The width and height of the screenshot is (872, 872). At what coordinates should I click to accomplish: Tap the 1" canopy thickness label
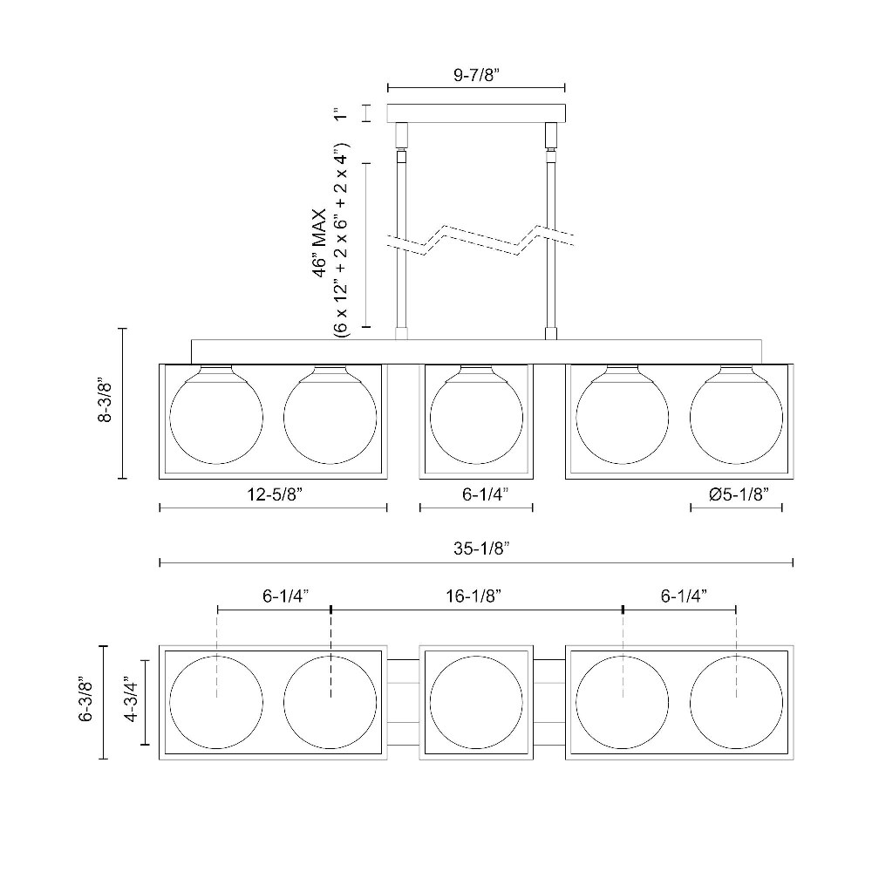[340, 113]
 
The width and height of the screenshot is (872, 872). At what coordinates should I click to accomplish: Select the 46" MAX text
[319, 243]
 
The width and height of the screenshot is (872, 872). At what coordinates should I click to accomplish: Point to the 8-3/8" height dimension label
[105, 402]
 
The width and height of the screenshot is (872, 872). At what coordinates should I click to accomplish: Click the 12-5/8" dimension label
[274, 494]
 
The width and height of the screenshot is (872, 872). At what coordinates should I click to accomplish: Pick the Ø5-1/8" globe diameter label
[739, 494]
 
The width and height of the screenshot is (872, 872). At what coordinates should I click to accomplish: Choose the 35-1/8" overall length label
[481, 548]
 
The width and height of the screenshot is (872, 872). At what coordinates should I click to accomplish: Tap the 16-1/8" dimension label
[473, 596]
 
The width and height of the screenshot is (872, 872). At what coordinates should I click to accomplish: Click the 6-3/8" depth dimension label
[86, 699]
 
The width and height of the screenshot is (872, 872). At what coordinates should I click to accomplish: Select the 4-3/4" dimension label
[132, 699]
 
